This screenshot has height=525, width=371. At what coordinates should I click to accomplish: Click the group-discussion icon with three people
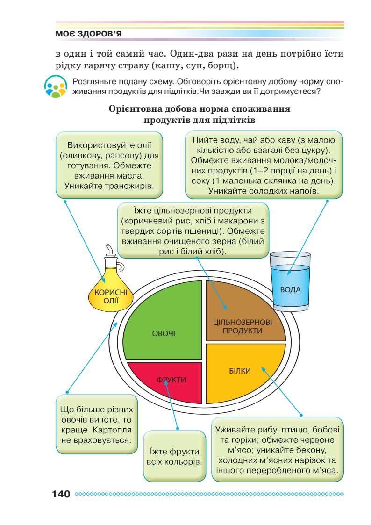[x=56, y=87]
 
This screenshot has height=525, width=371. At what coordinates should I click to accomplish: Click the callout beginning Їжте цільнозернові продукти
[x=193, y=230]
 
